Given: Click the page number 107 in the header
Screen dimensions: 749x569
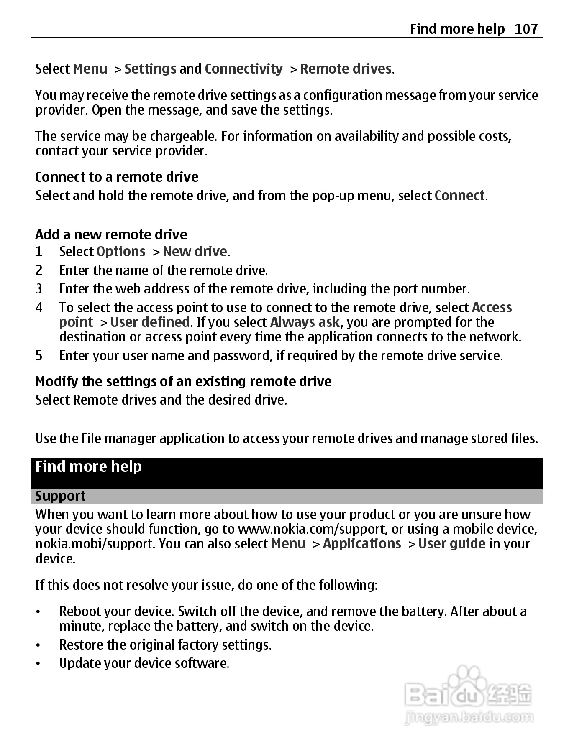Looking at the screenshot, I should (526, 29).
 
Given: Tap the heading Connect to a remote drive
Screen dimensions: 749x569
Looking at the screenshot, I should (117, 177).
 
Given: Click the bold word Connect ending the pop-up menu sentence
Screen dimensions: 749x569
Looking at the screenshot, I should (459, 195).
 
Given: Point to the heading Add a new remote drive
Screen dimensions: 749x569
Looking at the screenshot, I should (111, 234).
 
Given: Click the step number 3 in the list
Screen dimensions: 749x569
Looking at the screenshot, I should (39, 288).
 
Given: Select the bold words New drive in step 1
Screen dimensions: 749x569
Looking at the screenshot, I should (195, 251).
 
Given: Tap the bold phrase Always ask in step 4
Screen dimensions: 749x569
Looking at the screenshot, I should (305, 322).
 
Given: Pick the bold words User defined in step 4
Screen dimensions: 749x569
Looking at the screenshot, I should (150, 322).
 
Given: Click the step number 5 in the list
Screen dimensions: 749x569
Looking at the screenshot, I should (39, 355).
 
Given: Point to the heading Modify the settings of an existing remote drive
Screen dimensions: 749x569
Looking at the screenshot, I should (183, 381).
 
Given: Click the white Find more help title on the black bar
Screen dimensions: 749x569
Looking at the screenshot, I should (88, 466).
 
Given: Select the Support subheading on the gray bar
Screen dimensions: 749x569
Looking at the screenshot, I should (60, 496).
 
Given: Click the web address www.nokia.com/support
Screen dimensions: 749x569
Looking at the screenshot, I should (312, 529).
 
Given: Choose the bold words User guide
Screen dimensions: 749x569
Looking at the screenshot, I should (452, 543).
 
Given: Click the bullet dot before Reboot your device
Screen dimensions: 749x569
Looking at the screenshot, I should (38, 612).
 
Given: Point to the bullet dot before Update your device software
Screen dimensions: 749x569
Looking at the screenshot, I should (38, 664).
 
